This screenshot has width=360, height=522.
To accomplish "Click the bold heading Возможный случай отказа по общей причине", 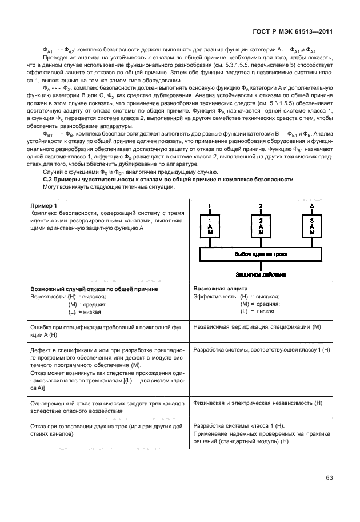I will (94, 289).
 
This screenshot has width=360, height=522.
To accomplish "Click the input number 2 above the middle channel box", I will (261, 205).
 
